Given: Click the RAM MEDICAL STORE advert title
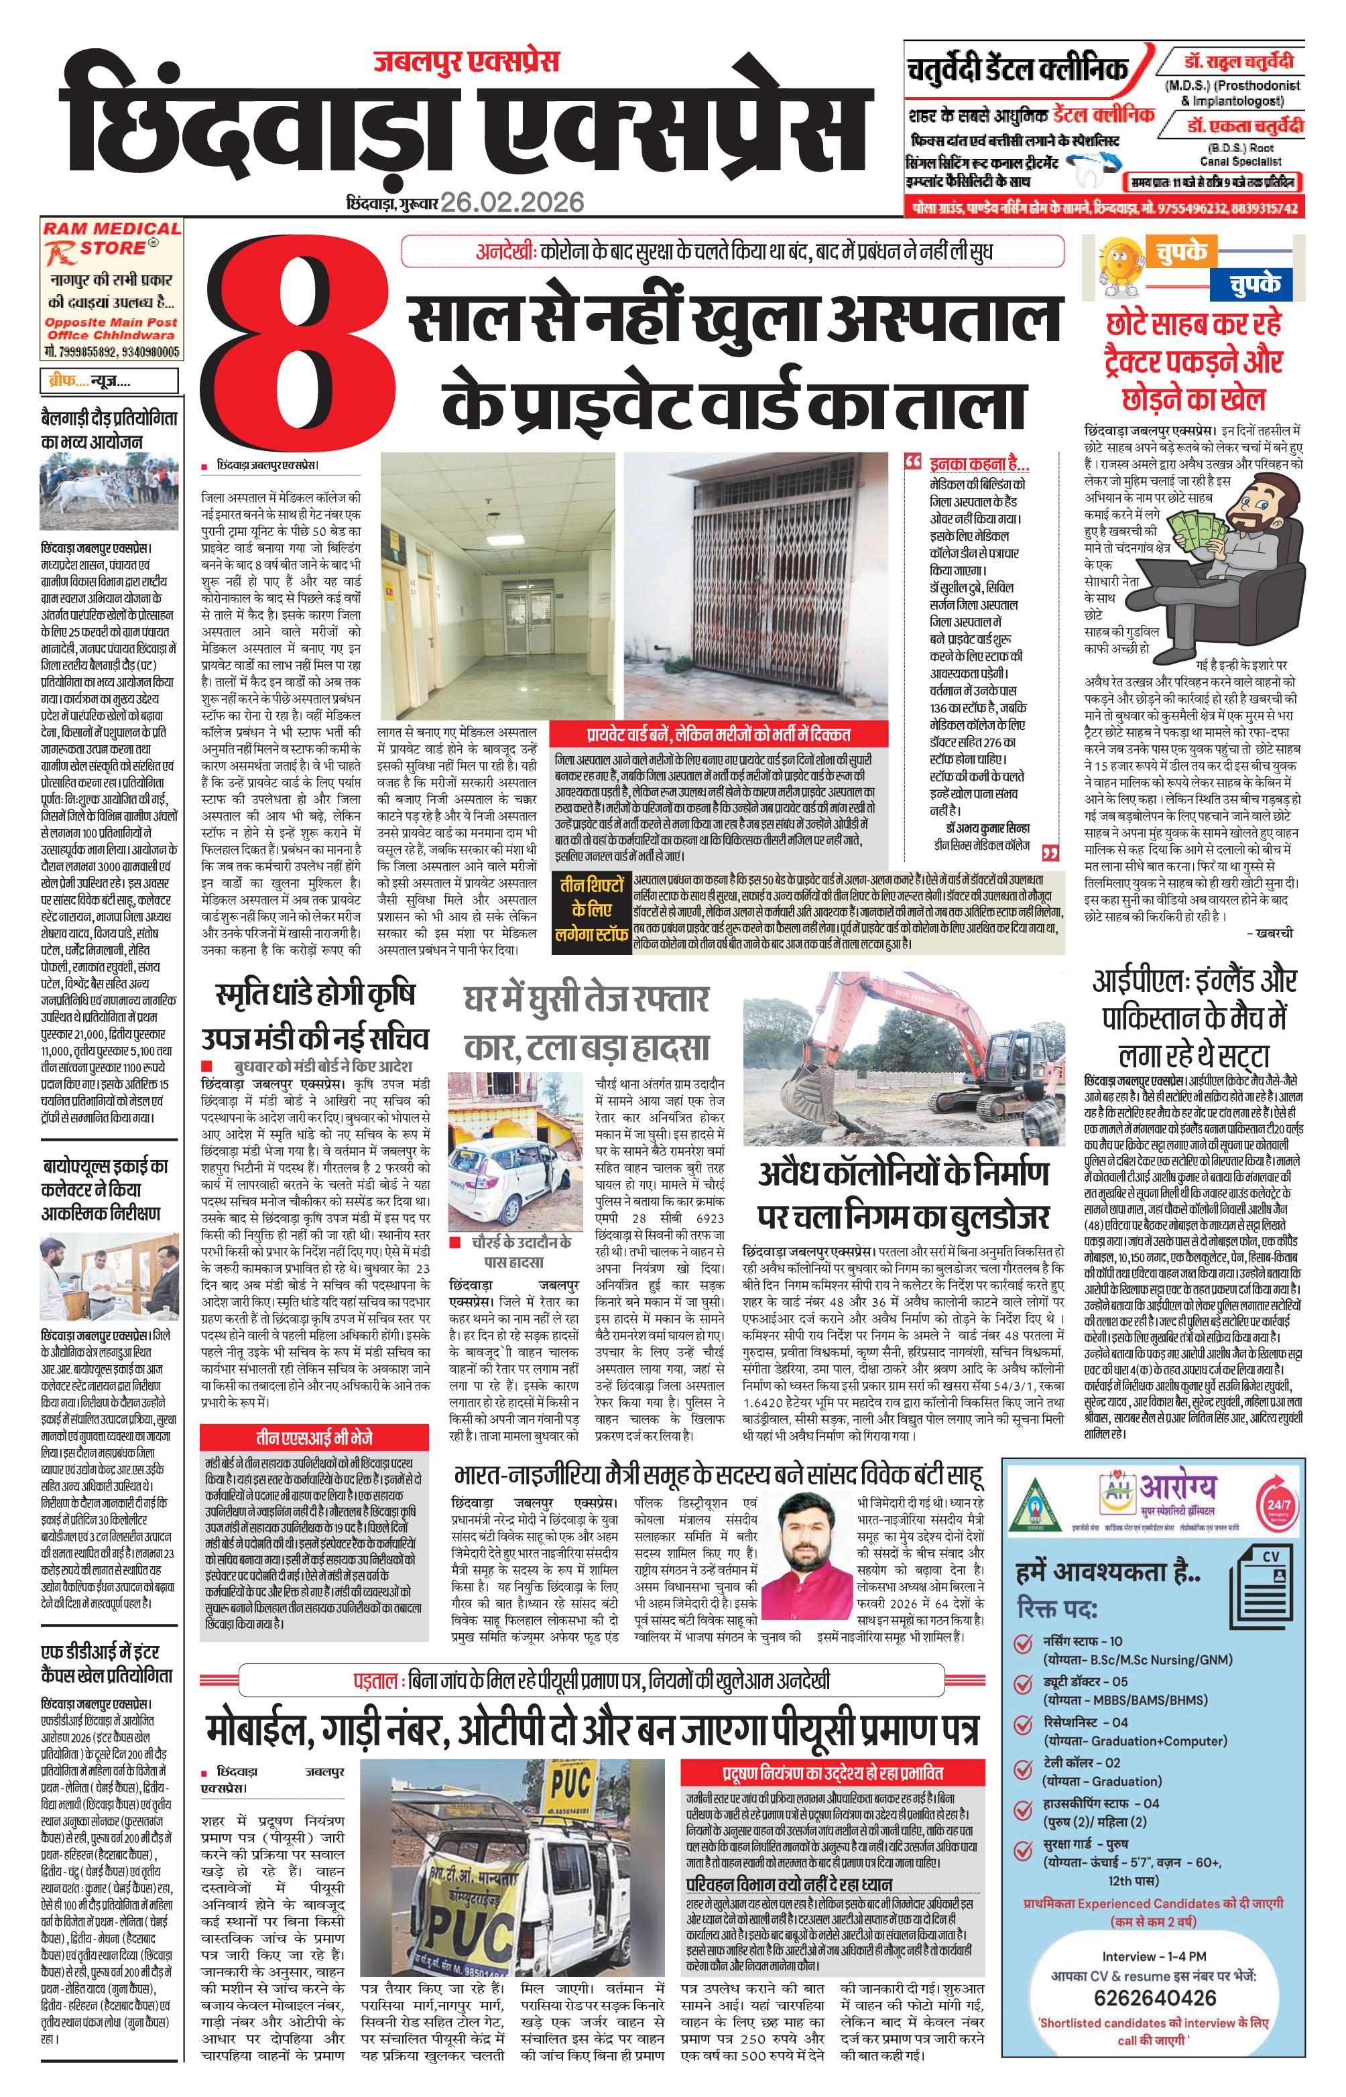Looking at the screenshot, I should point(112,238).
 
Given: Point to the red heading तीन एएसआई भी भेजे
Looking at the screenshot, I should point(314,1438).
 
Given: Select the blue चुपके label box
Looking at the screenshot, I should point(1255,284).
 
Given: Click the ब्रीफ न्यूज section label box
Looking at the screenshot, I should point(109,381).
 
